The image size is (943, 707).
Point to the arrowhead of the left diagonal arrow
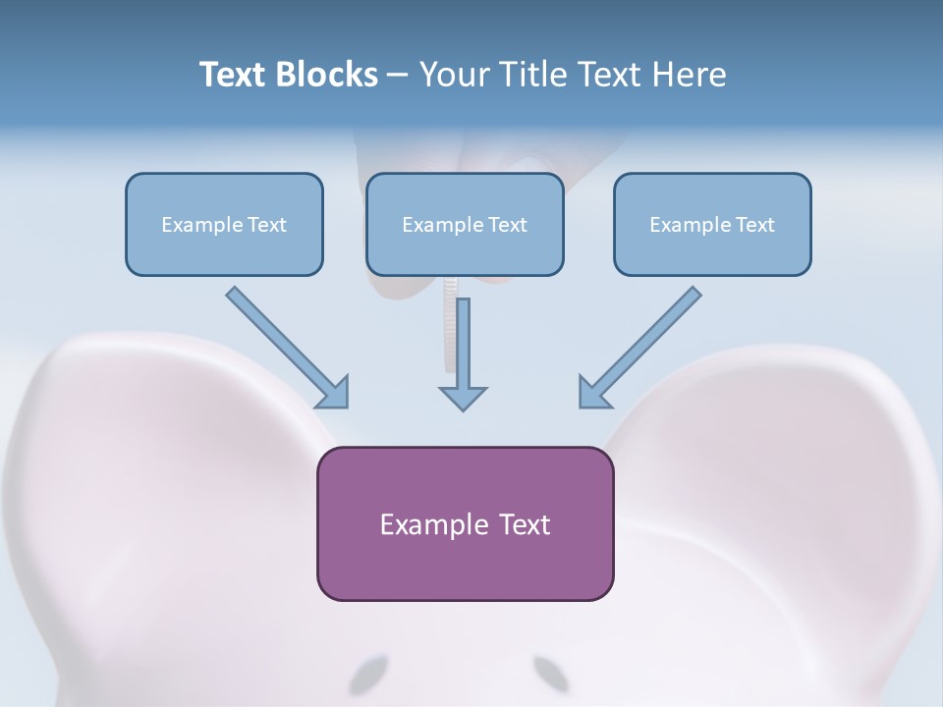[334, 393]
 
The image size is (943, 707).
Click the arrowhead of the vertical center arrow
[463, 397]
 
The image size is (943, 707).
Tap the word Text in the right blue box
[756, 225]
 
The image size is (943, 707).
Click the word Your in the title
[452, 75]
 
